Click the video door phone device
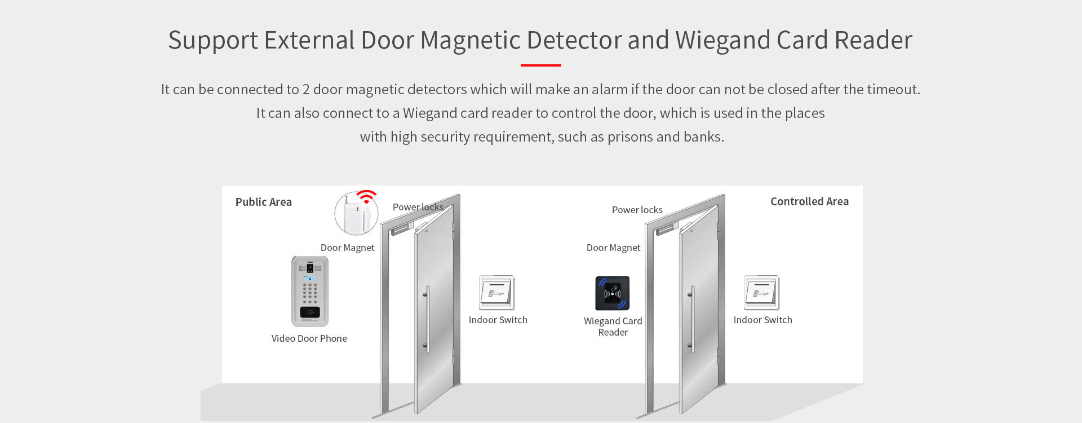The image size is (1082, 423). (309, 292)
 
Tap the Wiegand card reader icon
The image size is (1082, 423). (613, 293)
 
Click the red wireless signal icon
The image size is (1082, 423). (366, 196)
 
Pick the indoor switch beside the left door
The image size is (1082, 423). (496, 293)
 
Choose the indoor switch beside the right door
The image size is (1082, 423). (761, 293)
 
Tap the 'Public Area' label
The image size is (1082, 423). (264, 202)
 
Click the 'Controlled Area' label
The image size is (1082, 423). (809, 201)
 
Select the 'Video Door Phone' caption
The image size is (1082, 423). (309, 338)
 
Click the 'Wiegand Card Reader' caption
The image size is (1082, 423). (613, 327)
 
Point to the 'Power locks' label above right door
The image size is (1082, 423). (637, 210)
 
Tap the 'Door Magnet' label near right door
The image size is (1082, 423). (613, 248)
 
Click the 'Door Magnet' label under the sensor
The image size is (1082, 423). (347, 248)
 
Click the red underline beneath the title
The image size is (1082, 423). (540, 65)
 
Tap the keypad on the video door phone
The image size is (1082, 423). (309, 292)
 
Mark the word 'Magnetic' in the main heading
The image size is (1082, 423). (470, 41)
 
